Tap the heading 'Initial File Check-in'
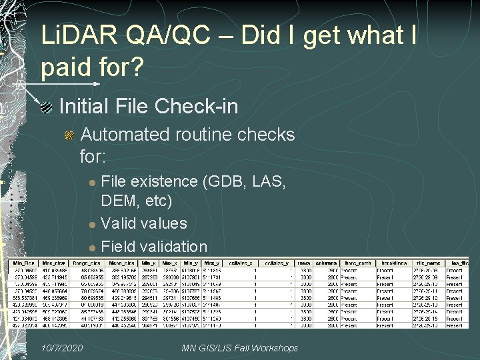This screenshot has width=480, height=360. click(148, 107)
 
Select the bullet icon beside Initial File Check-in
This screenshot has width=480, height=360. click(46, 107)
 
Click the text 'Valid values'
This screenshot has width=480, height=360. click(144, 223)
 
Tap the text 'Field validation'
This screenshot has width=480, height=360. click(154, 246)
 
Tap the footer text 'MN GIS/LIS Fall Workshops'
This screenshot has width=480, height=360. click(239, 349)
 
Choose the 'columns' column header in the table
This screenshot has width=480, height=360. click(325, 263)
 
